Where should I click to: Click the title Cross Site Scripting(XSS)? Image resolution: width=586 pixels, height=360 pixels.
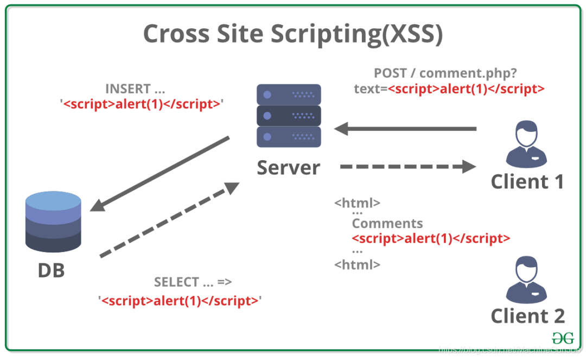coord(293,34)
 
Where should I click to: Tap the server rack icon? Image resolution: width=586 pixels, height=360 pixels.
coord(289,116)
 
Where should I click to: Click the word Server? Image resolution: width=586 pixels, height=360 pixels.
coord(289,167)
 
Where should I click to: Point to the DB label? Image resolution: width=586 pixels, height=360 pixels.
coord(51,270)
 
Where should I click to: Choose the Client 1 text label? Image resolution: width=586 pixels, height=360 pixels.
coord(527,181)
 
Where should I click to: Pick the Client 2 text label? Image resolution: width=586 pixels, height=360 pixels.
coord(527,315)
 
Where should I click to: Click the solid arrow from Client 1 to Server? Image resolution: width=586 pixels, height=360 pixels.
coord(405,129)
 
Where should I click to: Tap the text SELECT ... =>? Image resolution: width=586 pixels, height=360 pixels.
coord(193,282)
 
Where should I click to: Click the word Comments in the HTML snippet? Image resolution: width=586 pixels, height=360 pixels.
coord(387,223)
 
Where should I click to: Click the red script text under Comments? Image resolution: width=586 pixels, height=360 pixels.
coord(431,238)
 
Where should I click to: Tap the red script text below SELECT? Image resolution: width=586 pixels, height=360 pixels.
coord(180,300)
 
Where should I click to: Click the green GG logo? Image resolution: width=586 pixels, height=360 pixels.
coord(563,338)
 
